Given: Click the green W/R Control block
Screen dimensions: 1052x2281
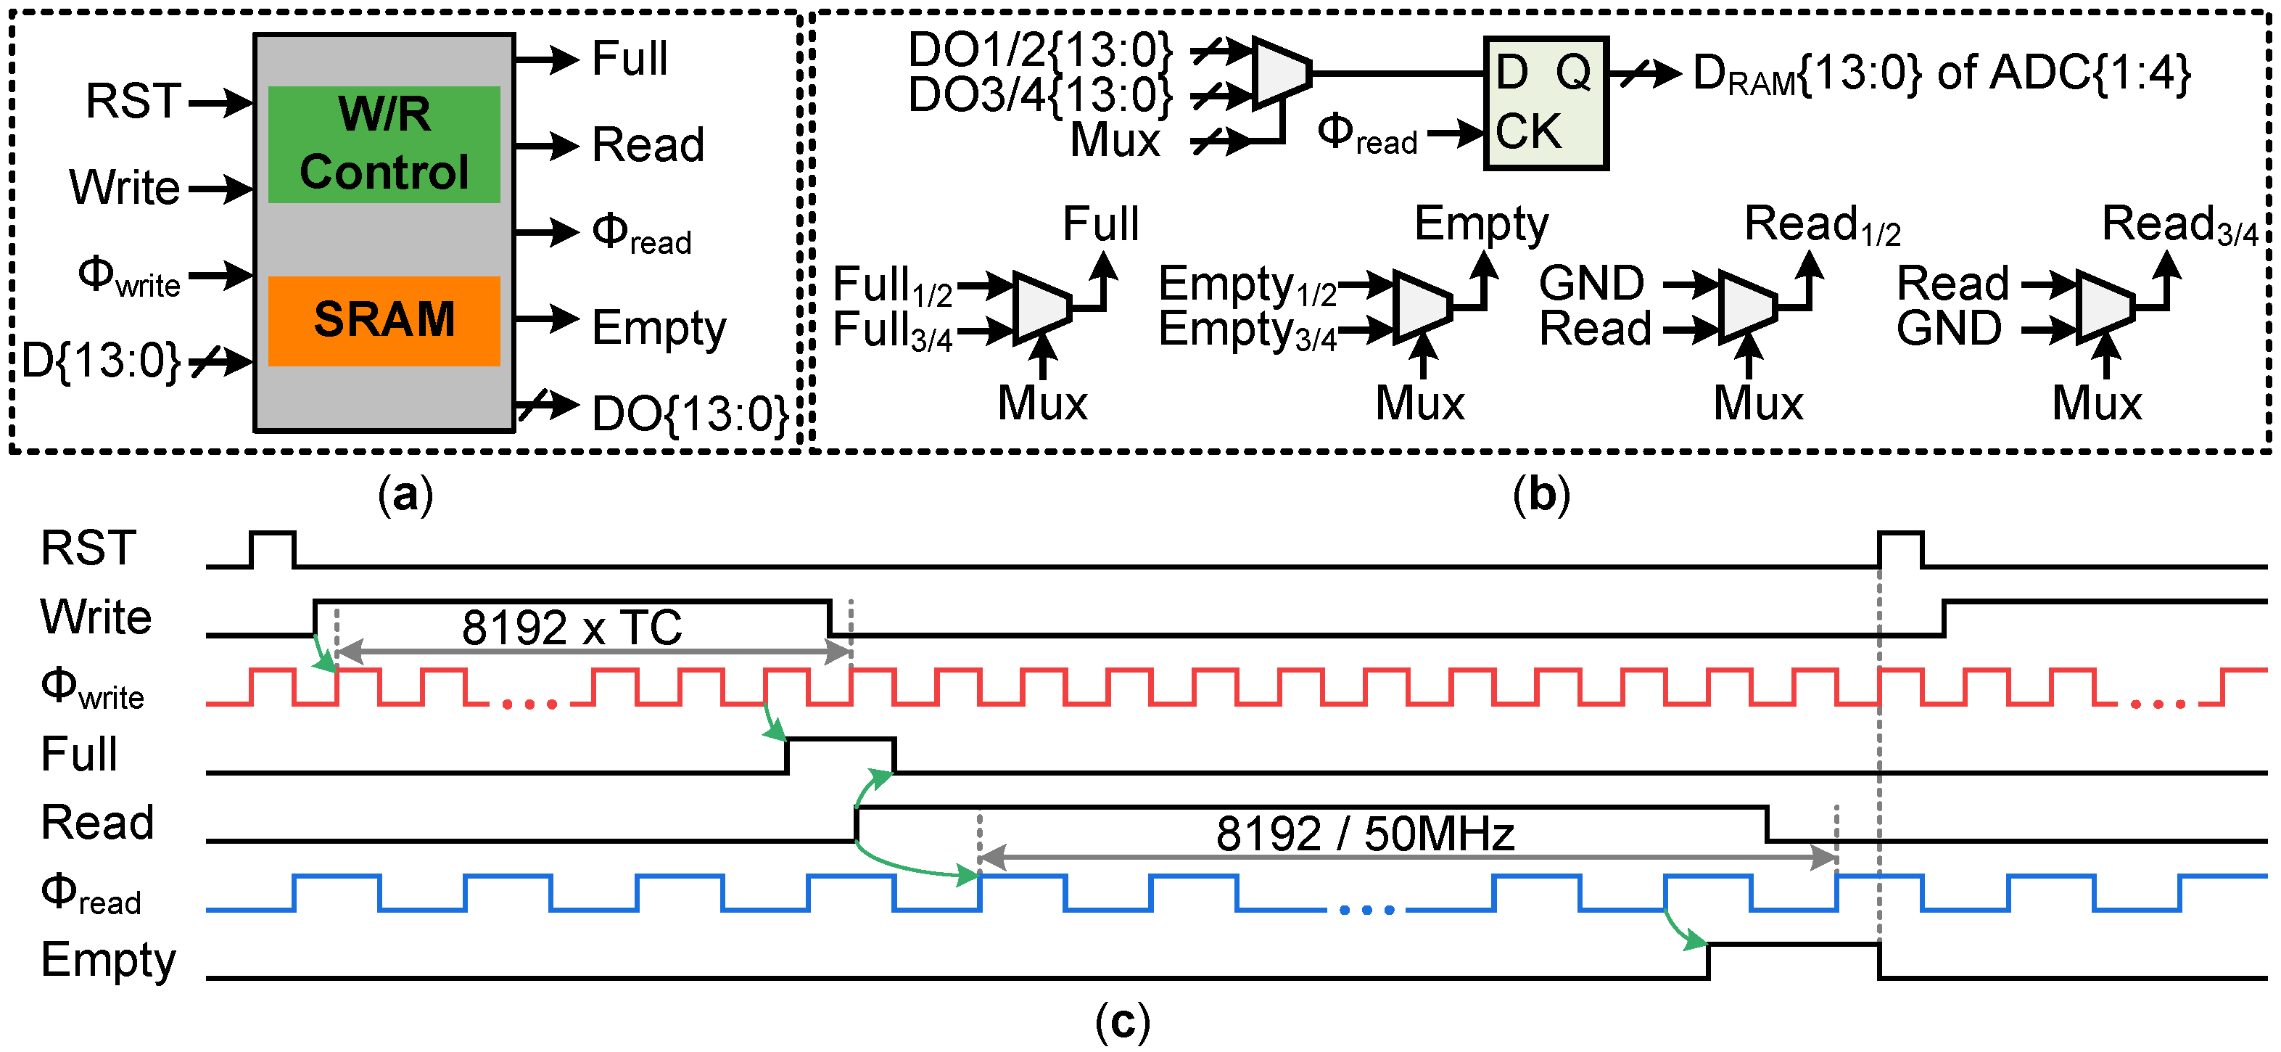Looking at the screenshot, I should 384,144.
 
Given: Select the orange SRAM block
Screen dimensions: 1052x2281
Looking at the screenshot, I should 384,321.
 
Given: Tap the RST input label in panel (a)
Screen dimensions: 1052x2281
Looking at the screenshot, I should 133,101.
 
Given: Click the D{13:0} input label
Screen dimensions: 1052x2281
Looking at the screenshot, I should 101,361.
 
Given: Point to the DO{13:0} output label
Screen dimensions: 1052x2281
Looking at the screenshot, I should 690,414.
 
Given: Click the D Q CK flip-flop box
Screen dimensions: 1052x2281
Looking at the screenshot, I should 1545,103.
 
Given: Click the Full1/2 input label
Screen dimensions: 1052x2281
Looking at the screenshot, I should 891,285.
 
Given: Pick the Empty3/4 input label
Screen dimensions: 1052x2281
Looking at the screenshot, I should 1247,330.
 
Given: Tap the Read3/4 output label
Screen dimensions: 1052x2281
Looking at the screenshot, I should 2178,224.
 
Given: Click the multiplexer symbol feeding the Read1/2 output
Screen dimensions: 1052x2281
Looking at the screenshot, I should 1747,306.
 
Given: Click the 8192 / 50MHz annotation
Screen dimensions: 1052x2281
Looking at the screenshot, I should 1364,834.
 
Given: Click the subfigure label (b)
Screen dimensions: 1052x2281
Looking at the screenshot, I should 1540,494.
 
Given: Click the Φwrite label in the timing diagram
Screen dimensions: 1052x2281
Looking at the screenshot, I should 92,688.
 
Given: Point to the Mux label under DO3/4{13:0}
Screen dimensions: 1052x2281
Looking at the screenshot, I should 1114,140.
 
